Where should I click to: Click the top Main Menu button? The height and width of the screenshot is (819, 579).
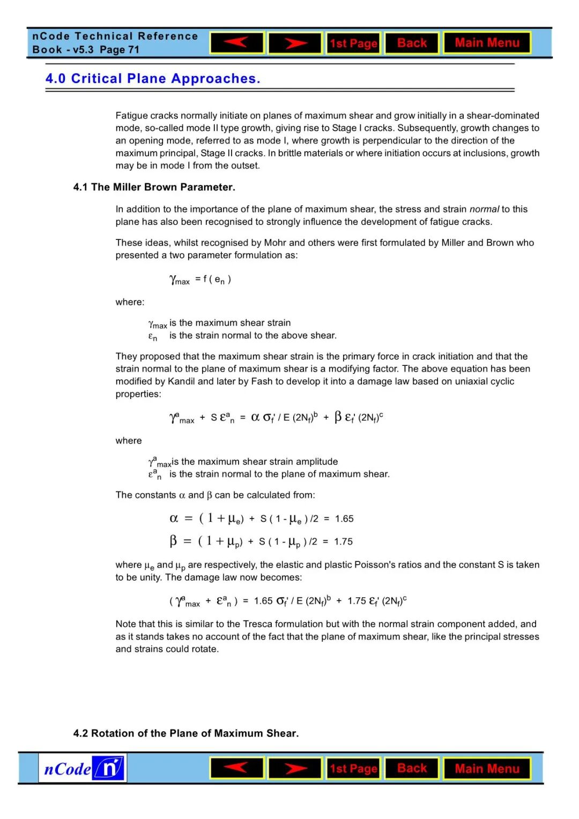coord(487,43)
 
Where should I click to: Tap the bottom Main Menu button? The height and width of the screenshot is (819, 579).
coord(487,769)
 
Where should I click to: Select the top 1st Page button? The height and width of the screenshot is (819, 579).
coord(353,43)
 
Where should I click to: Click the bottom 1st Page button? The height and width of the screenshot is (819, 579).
coord(353,769)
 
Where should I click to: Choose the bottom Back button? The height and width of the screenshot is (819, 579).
coord(412,769)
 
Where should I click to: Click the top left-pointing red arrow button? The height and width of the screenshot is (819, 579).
coord(236,43)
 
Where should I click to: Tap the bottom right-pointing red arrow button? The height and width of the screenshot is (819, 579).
coord(295,769)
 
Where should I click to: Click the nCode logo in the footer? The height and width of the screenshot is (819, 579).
coord(83,769)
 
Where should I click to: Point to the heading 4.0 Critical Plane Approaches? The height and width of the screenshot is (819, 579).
coord(153,79)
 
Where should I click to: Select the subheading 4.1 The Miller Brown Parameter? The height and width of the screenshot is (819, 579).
coord(154,187)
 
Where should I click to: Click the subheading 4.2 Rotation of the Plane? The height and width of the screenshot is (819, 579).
coord(185,733)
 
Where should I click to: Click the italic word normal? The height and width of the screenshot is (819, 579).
coord(484,209)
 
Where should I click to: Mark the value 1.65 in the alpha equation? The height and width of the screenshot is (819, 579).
coord(344,519)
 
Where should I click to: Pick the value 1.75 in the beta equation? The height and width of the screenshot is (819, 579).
coord(343,542)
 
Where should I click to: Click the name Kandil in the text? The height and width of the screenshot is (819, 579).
coord(181,381)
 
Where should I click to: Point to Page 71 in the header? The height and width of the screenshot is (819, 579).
coord(119,50)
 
